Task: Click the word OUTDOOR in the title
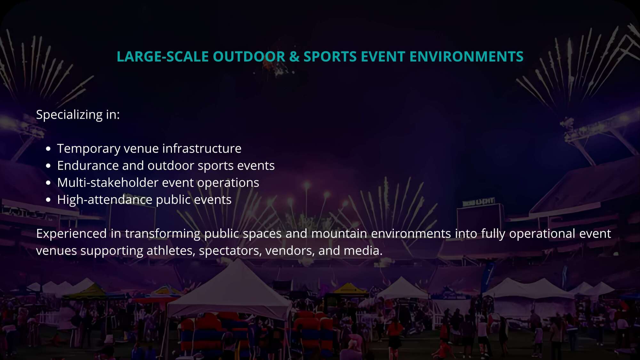249,57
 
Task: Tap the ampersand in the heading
294,57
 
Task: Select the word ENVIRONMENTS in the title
466,57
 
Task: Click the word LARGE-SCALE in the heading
163,57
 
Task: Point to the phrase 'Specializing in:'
78,115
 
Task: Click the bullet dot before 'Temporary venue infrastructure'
48,149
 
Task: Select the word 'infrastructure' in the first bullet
202,148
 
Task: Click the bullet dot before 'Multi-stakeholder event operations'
48,183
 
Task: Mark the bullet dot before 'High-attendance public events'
48,200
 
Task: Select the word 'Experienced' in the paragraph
71,234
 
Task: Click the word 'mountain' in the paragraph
339,234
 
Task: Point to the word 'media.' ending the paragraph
363,251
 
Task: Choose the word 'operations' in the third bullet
228,183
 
